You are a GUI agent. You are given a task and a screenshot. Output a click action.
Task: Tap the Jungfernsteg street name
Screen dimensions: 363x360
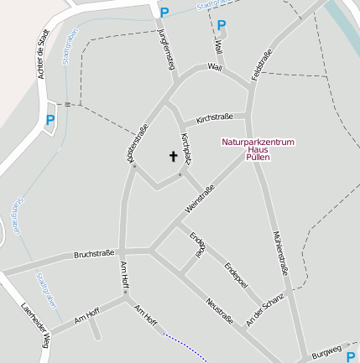(x=166, y=49)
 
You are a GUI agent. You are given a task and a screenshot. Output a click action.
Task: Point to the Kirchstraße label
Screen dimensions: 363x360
(x=214, y=117)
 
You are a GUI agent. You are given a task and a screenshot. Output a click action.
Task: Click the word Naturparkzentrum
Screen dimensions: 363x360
(x=258, y=143)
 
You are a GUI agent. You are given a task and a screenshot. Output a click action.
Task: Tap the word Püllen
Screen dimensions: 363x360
(x=258, y=158)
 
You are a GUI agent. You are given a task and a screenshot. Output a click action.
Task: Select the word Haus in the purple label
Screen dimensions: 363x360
(x=258, y=150)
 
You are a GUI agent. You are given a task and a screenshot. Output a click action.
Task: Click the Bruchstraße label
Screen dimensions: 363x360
(x=94, y=253)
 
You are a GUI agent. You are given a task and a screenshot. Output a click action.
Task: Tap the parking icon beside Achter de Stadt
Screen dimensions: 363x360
(x=50, y=120)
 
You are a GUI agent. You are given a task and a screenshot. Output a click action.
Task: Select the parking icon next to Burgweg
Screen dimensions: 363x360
(x=351, y=356)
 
